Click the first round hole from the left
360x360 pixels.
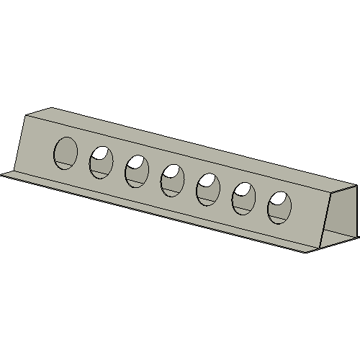[66, 152]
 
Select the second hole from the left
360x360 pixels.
[102, 162]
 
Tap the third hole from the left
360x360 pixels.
[137, 172]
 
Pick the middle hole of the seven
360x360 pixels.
[173, 180]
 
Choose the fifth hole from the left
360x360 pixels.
[208, 189]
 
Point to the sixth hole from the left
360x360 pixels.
[243, 198]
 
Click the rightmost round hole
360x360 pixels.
[280, 207]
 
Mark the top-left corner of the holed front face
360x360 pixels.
[27, 115]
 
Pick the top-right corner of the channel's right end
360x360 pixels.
[356, 186]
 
